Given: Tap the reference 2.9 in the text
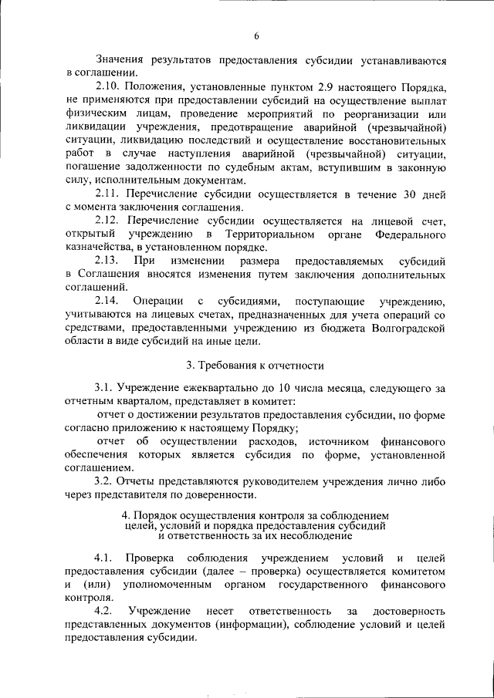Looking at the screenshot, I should (x=305, y=86).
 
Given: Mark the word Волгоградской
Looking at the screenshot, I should (x=406, y=329).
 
